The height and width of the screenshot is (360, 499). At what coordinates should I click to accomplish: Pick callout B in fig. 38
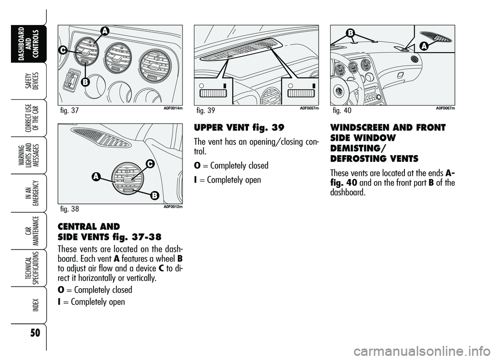click(x=154, y=196)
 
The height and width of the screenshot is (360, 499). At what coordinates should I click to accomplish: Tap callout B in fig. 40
click(x=350, y=33)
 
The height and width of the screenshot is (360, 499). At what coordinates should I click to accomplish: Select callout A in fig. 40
click(x=423, y=46)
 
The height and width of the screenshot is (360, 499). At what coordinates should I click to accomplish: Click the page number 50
click(x=23, y=331)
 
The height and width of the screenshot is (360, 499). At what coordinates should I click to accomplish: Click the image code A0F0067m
click(x=445, y=108)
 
